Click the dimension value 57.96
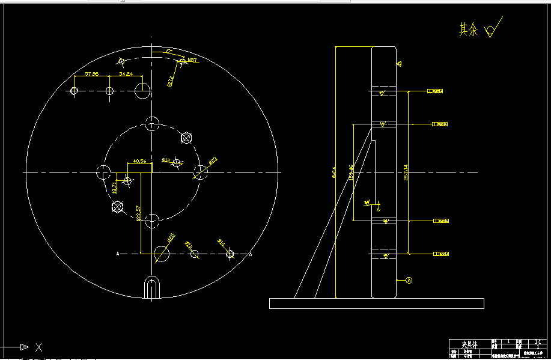[92, 73]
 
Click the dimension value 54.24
[126, 73]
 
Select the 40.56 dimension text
[139, 161]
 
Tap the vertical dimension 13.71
[114, 188]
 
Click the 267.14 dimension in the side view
[406, 172]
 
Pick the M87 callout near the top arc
[193, 60]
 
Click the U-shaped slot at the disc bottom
[153, 287]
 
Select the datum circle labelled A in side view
[409, 280]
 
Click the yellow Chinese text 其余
[468, 29]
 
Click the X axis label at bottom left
[38, 347]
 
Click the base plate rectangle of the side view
[376, 304]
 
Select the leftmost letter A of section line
[118, 254]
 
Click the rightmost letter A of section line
[250, 254]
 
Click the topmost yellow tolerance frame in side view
[436, 91]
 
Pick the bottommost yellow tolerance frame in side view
[442, 254]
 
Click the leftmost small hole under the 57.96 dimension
[74, 91]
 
